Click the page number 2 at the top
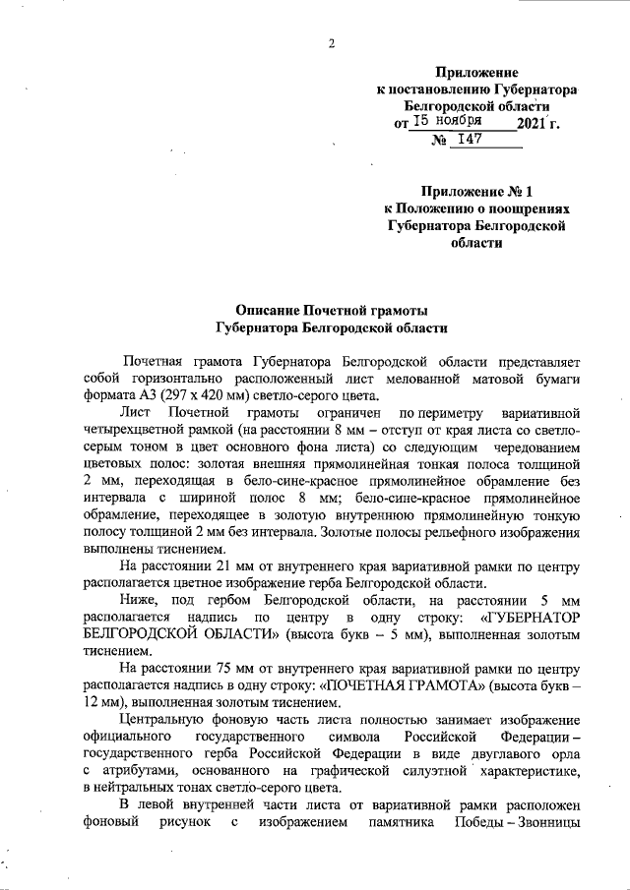[332, 42]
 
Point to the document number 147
[469, 140]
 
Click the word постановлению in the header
[442, 89]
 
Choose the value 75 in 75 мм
[220, 674]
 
